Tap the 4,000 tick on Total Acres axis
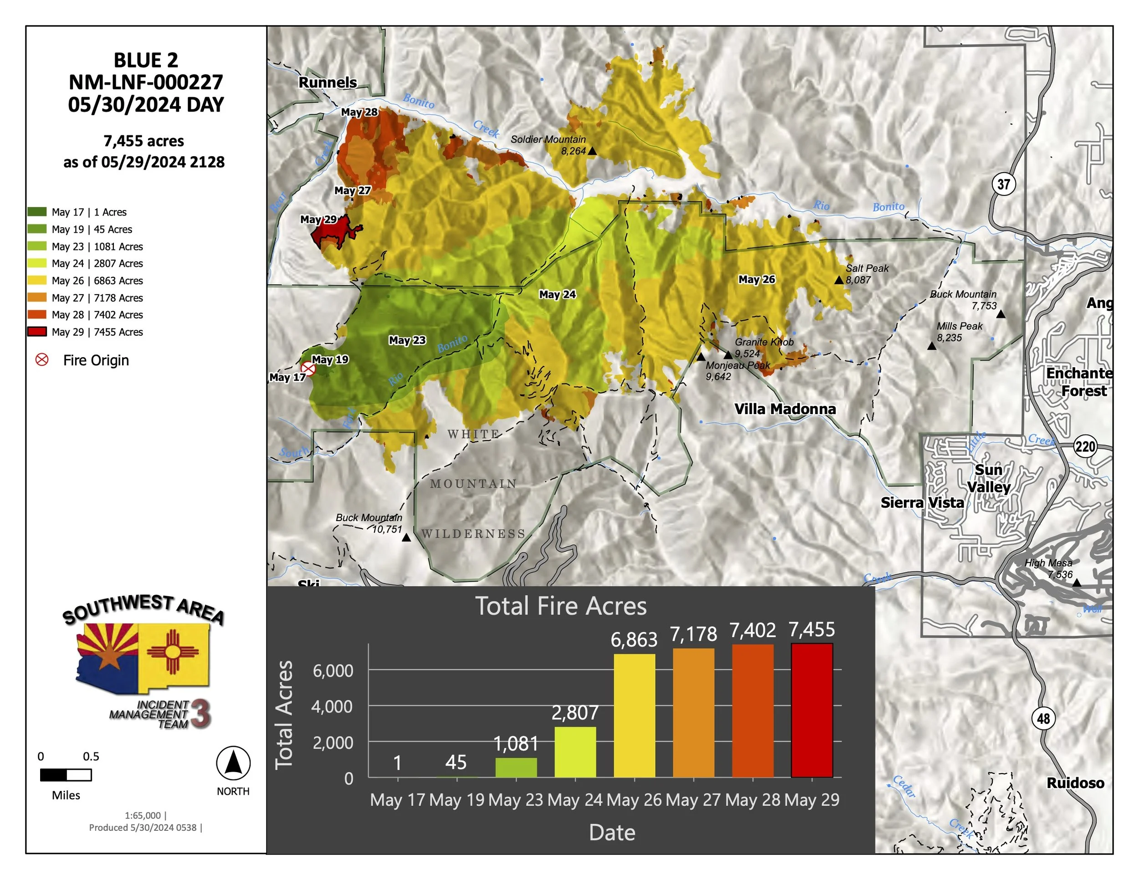pos(332,706)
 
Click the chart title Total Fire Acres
pos(561,606)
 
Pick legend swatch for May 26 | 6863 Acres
pos(36,281)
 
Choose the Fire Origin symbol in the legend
pos(42,360)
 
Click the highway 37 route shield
pos(1003,184)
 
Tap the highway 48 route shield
pos(1043,718)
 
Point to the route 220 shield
pos(1085,446)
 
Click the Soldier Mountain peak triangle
pos(592,151)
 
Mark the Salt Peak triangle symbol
pos(839,280)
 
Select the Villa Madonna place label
pos(785,409)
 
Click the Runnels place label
pos(328,82)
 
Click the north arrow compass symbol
pos(233,763)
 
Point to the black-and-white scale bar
pos(66,775)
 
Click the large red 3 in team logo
pos(200,713)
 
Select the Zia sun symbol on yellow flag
pos(173,652)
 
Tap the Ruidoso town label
pos(1075,783)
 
